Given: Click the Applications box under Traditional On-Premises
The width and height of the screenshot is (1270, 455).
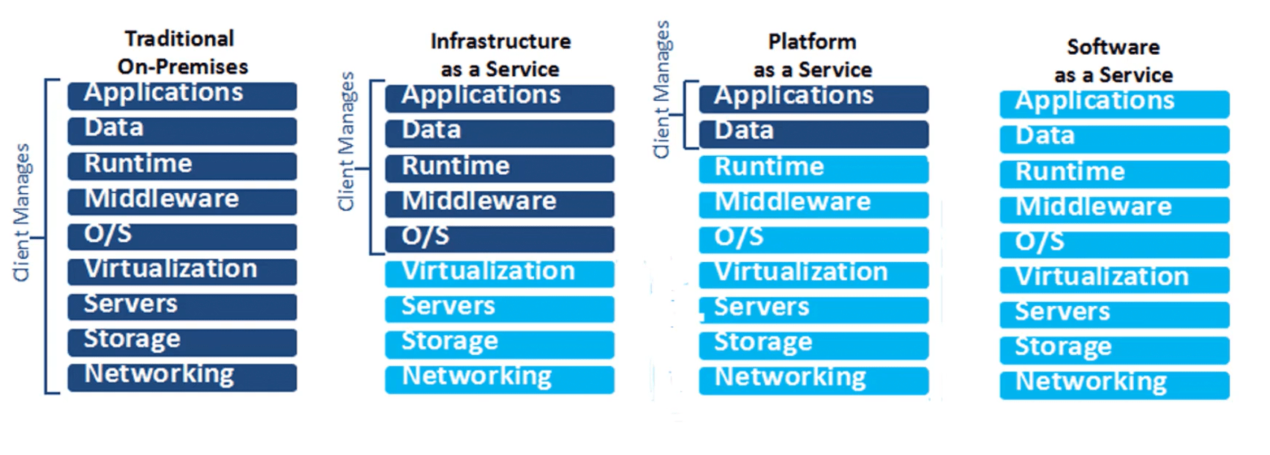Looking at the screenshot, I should (x=181, y=96).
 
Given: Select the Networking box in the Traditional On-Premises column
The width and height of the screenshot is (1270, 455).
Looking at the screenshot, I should (x=181, y=377).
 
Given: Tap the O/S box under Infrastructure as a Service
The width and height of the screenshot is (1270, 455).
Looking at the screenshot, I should (x=499, y=238).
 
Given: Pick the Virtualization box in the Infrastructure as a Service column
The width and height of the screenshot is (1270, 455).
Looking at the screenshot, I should (x=499, y=274).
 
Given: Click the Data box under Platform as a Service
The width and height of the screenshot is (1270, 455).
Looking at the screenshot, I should (x=813, y=133).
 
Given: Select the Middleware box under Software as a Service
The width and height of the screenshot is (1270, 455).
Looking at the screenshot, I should (x=1113, y=209).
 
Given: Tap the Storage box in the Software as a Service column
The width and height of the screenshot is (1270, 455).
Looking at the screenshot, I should (x=1113, y=350).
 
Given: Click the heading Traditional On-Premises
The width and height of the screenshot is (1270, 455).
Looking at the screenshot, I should (x=182, y=52).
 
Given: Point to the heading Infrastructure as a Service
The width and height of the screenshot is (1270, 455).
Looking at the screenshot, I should (x=500, y=55).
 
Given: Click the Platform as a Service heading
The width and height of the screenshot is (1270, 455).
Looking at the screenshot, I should (x=812, y=56).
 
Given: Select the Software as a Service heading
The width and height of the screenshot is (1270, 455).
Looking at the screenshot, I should (x=1113, y=61).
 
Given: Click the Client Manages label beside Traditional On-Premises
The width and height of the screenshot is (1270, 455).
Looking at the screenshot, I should (x=22, y=212).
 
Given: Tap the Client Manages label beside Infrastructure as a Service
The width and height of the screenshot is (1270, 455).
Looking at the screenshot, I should (x=346, y=141).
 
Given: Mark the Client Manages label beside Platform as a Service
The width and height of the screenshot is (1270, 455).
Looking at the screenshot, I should (x=661, y=89).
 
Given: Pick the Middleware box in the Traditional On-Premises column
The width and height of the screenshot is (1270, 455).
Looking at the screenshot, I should (x=181, y=201).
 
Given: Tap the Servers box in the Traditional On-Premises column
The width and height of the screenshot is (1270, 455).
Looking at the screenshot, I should (x=181, y=307).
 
